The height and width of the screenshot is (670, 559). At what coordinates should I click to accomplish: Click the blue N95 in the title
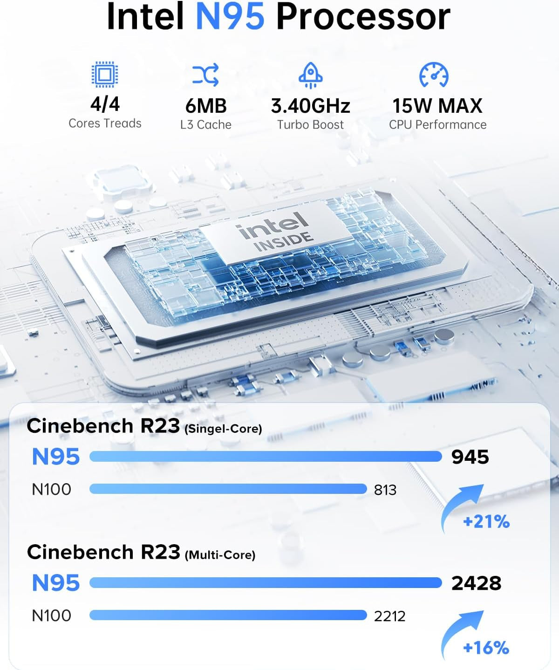pyautogui.click(x=230, y=17)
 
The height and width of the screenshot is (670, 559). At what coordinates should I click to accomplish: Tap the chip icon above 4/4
pyautogui.click(x=105, y=74)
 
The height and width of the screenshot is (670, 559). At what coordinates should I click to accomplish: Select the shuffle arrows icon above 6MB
pyautogui.click(x=205, y=75)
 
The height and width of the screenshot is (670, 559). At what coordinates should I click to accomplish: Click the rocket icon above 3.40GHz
pyautogui.click(x=310, y=75)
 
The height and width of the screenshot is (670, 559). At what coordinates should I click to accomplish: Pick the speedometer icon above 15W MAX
pyautogui.click(x=434, y=75)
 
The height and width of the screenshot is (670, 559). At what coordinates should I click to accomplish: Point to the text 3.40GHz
pyautogui.click(x=310, y=106)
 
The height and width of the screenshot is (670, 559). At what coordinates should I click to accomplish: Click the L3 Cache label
pyautogui.click(x=205, y=125)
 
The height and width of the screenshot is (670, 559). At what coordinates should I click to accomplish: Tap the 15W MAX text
pyautogui.click(x=437, y=106)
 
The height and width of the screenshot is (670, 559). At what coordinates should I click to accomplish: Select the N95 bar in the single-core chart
pyautogui.click(x=266, y=457)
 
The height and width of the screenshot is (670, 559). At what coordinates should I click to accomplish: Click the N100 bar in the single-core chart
pyautogui.click(x=228, y=489)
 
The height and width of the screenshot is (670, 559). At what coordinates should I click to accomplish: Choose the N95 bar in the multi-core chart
pyautogui.click(x=266, y=583)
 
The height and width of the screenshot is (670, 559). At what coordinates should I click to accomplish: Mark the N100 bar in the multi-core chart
pyautogui.click(x=228, y=615)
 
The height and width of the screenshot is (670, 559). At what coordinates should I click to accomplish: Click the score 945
pyautogui.click(x=470, y=457)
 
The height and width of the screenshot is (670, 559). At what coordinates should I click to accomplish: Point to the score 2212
pyautogui.click(x=389, y=616)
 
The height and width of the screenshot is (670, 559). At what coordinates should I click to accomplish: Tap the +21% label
pyautogui.click(x=486, y=521)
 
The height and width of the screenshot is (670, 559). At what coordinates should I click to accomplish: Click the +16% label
pyautogui.click(x=486, y=648)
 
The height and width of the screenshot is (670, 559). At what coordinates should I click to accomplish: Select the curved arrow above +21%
pyautogui.click(x=461, y=506)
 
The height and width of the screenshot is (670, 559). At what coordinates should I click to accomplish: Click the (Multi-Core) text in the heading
pyautogui.click(x=220, y=555)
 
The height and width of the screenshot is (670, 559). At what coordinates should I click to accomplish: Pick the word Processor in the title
pyautogui.click(x=363, y=17)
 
